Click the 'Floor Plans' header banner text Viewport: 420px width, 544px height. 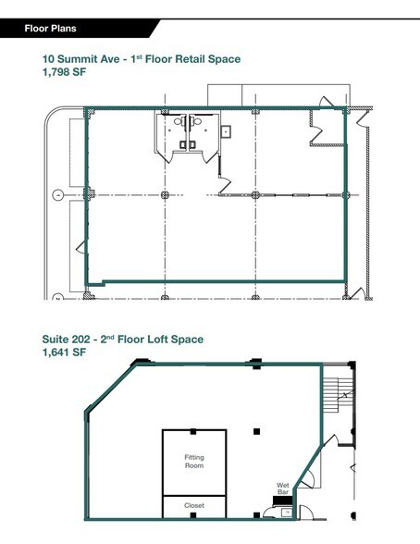point(52,29)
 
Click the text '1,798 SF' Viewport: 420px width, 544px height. point(66,73)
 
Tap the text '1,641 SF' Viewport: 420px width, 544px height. point(65,353)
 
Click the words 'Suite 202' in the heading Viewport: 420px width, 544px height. point(69,340)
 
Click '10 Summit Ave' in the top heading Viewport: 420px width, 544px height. point(82,59)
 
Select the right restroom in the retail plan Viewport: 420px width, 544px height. point(199,132)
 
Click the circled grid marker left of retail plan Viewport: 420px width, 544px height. point(57,195)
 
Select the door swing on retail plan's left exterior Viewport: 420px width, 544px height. point(80,247)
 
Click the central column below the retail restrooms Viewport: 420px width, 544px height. point(164,195)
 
